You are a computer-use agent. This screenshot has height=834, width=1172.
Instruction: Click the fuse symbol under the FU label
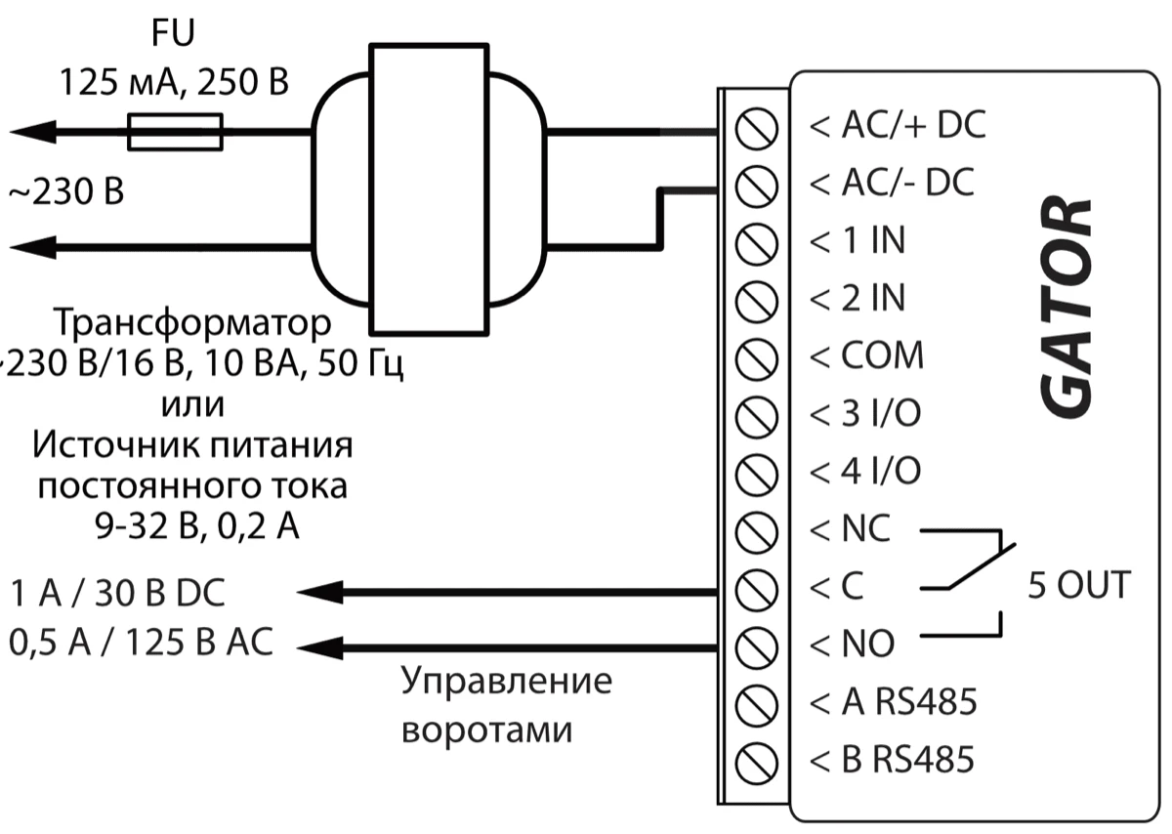(176, 132)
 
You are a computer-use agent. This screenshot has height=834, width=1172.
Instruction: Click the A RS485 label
(894, 701)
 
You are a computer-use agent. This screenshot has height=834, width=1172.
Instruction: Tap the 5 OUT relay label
(1078, 586)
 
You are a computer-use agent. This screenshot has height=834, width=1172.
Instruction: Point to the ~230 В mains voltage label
(66, 192)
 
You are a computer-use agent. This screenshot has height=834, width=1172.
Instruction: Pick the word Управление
(507, 681)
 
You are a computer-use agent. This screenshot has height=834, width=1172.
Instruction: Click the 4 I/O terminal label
(865, 472)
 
